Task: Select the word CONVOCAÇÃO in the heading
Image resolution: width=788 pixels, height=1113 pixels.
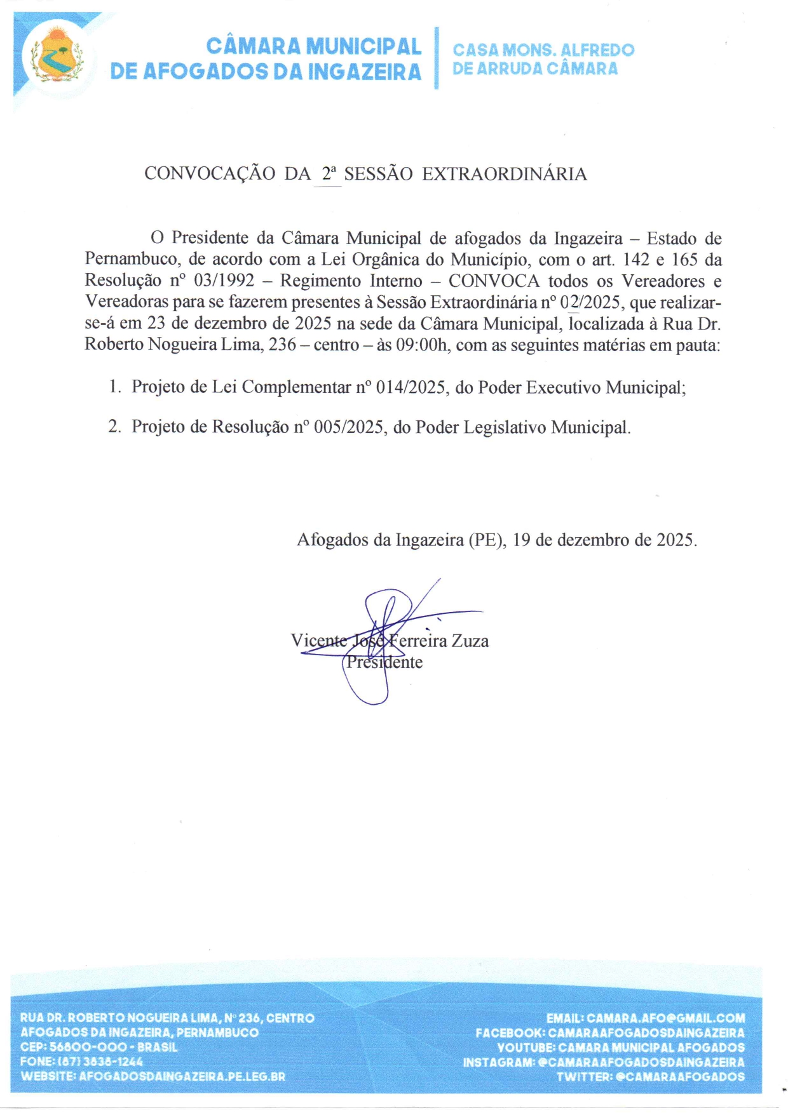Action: [210, 174]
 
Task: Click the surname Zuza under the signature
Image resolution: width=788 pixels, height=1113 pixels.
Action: [470, 641]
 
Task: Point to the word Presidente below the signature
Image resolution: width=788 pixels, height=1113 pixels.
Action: [384, 662]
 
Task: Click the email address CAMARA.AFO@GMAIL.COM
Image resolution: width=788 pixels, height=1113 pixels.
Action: [665, 1018]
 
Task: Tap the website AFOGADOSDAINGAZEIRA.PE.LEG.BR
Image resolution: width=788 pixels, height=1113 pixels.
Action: [182, 1076]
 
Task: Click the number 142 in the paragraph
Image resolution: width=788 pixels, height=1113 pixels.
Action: [637, 259]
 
